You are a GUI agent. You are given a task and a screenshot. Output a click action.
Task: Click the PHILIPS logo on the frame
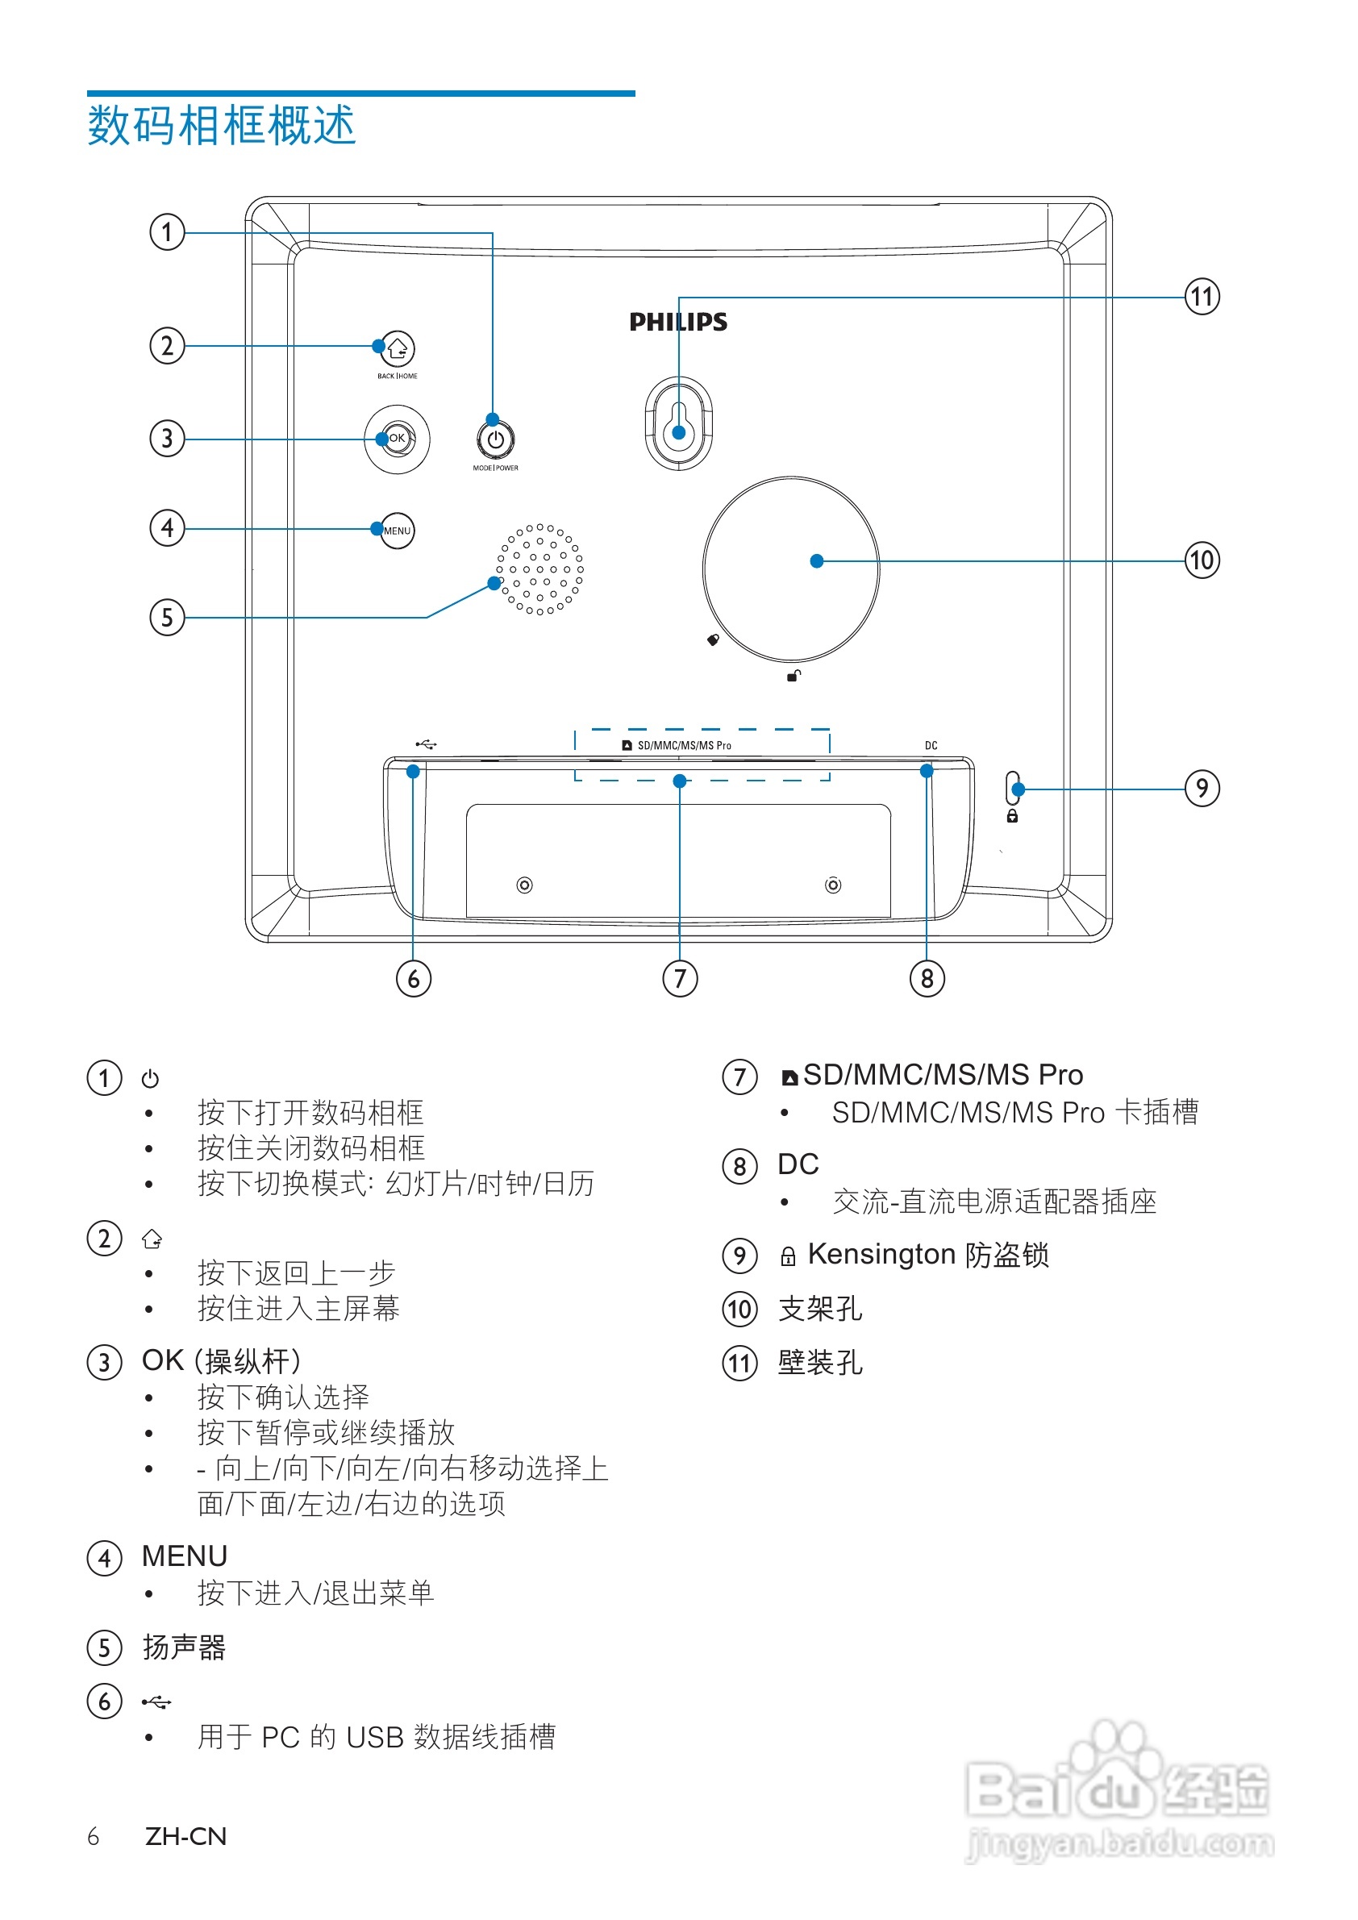pos(678,322)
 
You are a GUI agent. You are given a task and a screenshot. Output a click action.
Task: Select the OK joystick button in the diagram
pos(398,439)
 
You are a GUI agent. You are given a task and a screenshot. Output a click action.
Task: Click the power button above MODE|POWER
pos(496,439)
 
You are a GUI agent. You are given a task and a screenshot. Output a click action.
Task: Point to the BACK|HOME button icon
pos(398,348)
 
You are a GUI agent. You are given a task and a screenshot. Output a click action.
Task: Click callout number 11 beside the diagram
pos(1202,297)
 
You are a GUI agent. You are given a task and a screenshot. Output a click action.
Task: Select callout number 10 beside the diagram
pos(1202,560)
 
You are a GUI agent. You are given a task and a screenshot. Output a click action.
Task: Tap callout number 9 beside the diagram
pos(1202,788)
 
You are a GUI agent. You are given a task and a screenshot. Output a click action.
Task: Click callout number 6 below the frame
pos(414,978)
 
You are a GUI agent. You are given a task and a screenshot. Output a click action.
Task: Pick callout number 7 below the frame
pos(680,978)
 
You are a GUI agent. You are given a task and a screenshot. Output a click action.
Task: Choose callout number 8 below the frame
pos(927,978)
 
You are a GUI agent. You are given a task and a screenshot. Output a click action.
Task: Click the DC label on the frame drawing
pos(931,745)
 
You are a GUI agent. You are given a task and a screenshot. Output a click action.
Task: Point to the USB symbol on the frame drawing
pos(427,744)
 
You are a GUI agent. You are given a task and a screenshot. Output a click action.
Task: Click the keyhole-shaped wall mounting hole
pos(679,423)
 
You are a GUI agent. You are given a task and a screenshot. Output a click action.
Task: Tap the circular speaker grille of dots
pos(540,569)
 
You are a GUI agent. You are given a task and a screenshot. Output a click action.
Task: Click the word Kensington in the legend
pos(881,1255)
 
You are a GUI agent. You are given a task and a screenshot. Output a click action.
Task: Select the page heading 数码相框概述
pos(222,127)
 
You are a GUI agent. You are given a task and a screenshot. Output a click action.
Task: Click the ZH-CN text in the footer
pos(185,1836)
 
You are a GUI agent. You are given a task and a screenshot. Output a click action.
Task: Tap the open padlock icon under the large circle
pos(794,676)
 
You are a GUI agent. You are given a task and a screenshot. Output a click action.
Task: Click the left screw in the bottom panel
pos(524,885)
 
